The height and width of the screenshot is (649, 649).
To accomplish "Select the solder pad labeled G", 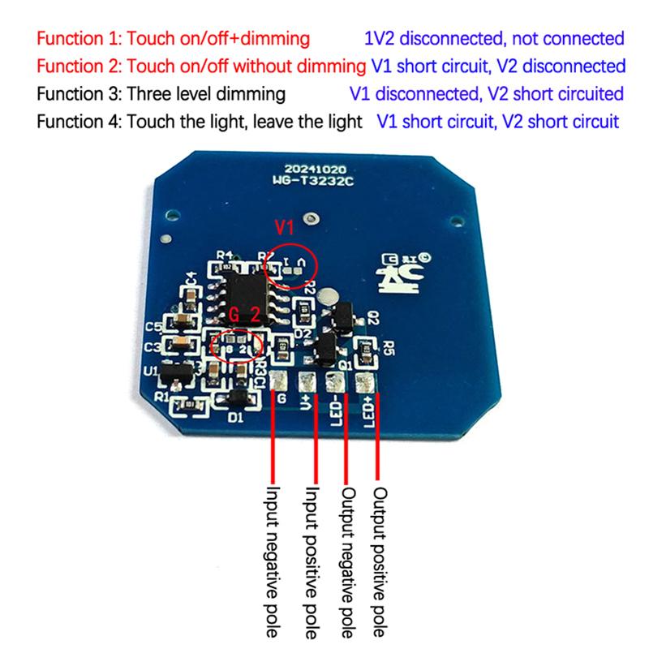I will tap(279, 380).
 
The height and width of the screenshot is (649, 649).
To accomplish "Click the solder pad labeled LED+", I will tap(363, 380).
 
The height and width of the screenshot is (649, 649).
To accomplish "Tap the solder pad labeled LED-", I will tap(334, 380).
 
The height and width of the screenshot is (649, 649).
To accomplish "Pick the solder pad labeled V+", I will tap(307, 380).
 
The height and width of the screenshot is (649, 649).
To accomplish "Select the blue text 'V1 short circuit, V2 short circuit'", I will tap(498, 122).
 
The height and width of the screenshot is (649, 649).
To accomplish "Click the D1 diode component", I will tap(238, 398).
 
